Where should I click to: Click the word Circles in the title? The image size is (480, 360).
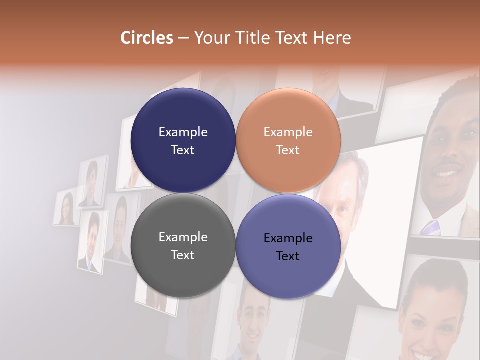(146, 38)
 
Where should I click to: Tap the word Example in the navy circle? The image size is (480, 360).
(183, 132)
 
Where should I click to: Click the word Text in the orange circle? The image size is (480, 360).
(288, 150)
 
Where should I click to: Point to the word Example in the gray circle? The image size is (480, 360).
(183, 237)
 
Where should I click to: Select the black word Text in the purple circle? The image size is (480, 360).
(288, 256)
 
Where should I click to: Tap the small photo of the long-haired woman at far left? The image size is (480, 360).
(66, 208)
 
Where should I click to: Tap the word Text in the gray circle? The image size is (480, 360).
(183, 255)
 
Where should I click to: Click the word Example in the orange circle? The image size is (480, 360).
(288, 132)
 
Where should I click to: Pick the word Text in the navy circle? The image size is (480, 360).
(183, 150)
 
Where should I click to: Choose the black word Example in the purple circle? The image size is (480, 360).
(288, 238)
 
